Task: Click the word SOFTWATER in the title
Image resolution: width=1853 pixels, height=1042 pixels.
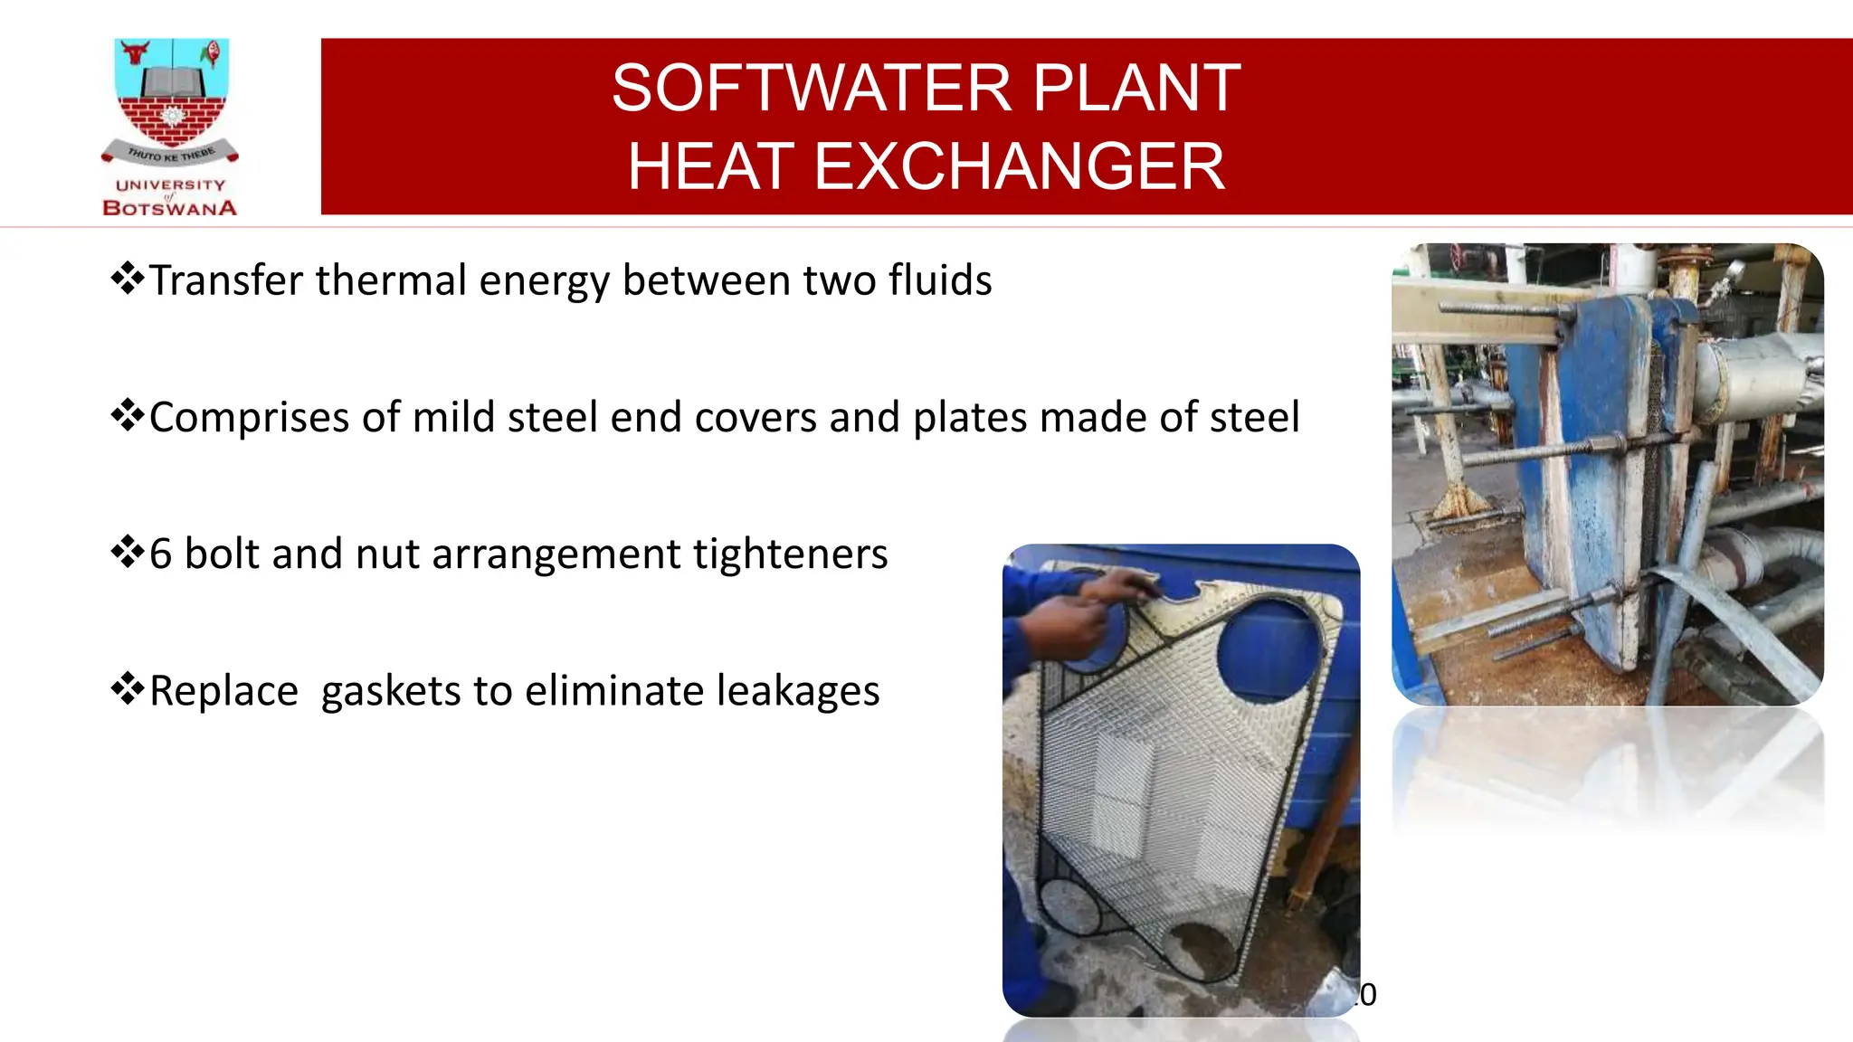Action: point(812,89)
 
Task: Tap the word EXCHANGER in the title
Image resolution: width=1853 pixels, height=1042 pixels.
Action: point(1019,167)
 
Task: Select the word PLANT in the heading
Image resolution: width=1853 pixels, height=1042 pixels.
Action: point(1136,89)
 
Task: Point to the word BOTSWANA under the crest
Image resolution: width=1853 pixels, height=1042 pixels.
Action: point(170,208)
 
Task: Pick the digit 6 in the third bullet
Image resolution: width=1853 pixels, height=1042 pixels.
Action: point(160,554)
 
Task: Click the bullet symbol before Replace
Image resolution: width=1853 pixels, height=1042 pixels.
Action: point(128,689)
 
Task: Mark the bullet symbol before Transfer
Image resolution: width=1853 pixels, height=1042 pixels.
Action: point(128,279)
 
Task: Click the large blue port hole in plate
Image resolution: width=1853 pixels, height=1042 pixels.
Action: point(1269,649)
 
